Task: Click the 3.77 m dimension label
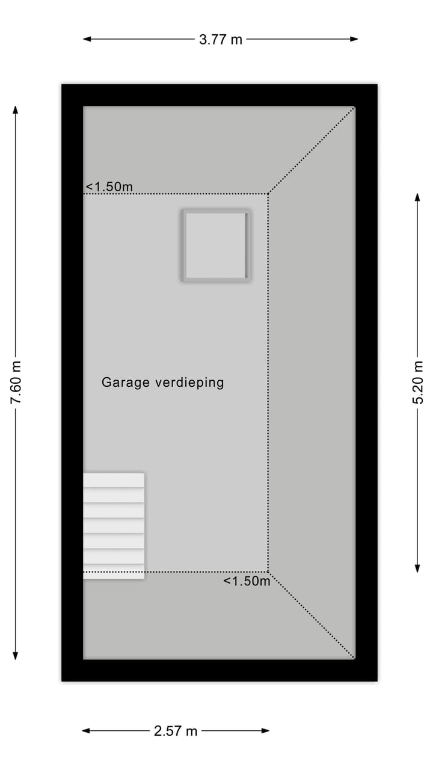(220, 40)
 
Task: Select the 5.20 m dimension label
(418, 382)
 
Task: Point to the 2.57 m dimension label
(176, 731)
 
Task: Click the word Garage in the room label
(125, 383)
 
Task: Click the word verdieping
(189, 383)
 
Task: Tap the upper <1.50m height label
(109, 186)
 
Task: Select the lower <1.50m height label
(247, 581)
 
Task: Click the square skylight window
(215, 245)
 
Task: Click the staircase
(114, 526)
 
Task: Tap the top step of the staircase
(114, 480)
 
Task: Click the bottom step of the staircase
(114, 571)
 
